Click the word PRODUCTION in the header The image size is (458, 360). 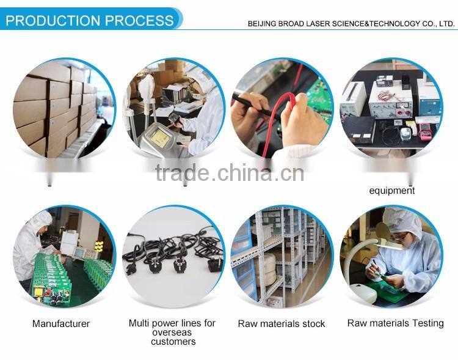(x=54, y=20)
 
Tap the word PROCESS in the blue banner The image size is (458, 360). (x=139, y=20)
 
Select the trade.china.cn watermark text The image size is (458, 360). (x=229, y=172)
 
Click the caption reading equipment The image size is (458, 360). (x=391, y=191)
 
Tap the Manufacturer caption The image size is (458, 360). (x=60, y=324)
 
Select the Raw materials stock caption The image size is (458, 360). (x=282, y=324)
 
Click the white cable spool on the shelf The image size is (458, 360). (x=268, y=269)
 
